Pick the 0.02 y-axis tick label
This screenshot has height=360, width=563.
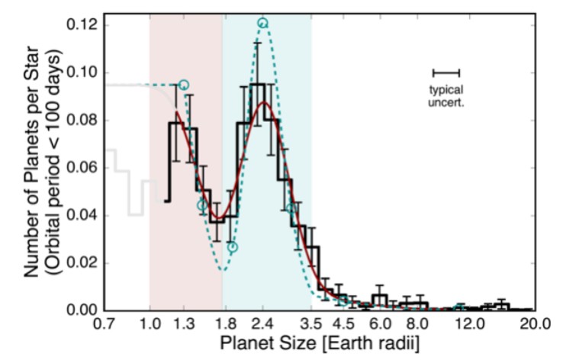point(79,263)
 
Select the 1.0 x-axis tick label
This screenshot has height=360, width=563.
point(150,323)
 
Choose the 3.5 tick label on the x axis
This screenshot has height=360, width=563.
point(311,323)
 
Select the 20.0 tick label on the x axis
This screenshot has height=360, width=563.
point(534,323)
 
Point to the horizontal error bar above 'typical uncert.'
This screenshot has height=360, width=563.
point(446,72)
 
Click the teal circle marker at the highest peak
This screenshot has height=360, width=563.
point(262,23)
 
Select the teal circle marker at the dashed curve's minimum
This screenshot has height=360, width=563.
point(232,247)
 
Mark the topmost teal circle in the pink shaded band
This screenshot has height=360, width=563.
point(183,85)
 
